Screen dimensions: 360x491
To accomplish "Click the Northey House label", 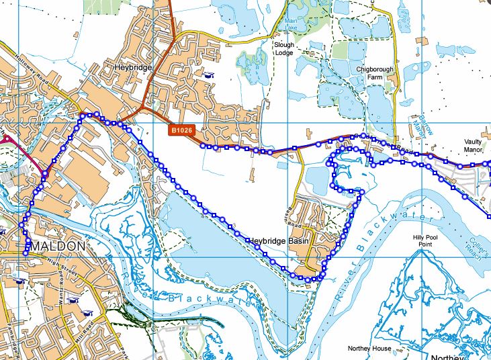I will tap(369, 349).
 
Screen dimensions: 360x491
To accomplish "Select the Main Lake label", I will tap(289, 24).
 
